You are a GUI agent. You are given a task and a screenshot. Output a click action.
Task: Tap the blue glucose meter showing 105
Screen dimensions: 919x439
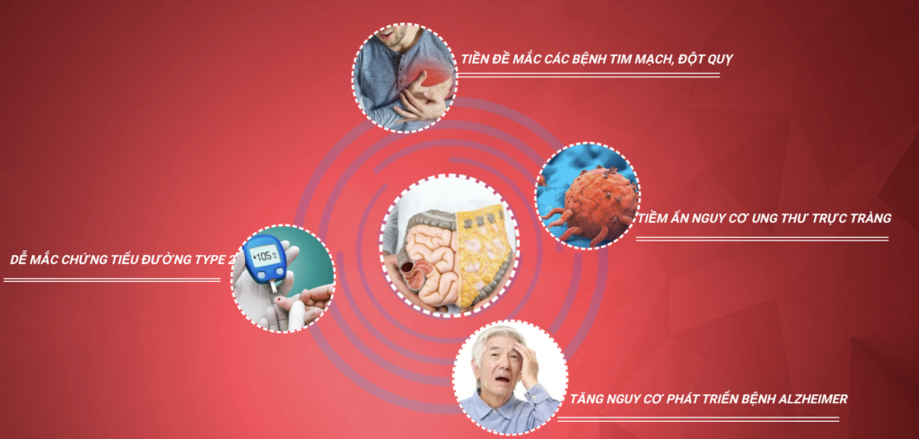coord(265,259)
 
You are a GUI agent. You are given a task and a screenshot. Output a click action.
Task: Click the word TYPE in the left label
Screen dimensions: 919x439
coord(204,259)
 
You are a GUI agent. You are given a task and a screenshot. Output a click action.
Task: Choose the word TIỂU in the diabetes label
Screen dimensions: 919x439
coord(123,259)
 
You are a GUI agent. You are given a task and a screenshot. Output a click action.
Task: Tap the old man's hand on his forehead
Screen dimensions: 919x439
coord(526,358)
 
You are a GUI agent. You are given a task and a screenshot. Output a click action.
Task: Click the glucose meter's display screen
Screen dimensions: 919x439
coord(261,256)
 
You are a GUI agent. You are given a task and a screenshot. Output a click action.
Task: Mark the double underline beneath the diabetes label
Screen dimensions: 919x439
coord(112,279)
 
